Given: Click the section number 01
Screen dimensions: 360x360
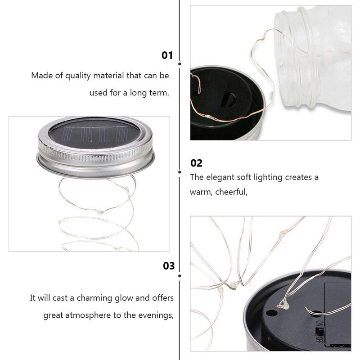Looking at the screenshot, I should tap(167, 55).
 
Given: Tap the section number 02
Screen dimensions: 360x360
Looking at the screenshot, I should tap(196, 163).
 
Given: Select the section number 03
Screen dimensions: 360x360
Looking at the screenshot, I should tap(169, 266).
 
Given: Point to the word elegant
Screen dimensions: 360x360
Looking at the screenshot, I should tap(223, 177).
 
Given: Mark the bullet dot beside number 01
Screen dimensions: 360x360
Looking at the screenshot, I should tap(180, 65).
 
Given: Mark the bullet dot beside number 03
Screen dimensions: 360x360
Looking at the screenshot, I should tap(180, 275).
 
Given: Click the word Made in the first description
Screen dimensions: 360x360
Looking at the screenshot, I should tap(39, 76).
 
